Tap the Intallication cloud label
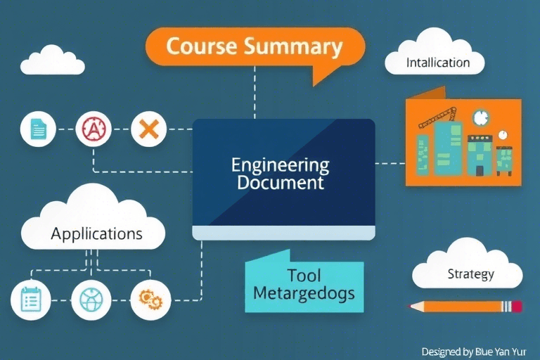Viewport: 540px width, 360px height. [437, 63]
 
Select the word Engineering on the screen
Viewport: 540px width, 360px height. [280, 166]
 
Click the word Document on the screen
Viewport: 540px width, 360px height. [280, 184]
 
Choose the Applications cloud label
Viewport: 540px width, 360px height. [96, 233]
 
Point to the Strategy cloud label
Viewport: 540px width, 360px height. [470, 274]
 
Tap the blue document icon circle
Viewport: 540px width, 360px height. [38, 129]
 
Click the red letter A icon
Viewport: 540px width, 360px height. [93, 129]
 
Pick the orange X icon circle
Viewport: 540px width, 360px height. [148, 129]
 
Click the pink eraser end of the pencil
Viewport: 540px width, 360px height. [517, 306]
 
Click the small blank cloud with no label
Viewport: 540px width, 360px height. [53, 61]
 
